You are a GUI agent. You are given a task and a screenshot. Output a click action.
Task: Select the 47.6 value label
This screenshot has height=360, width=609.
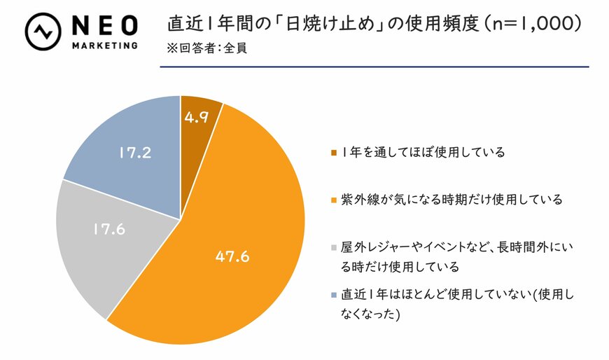tap(232, 257)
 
